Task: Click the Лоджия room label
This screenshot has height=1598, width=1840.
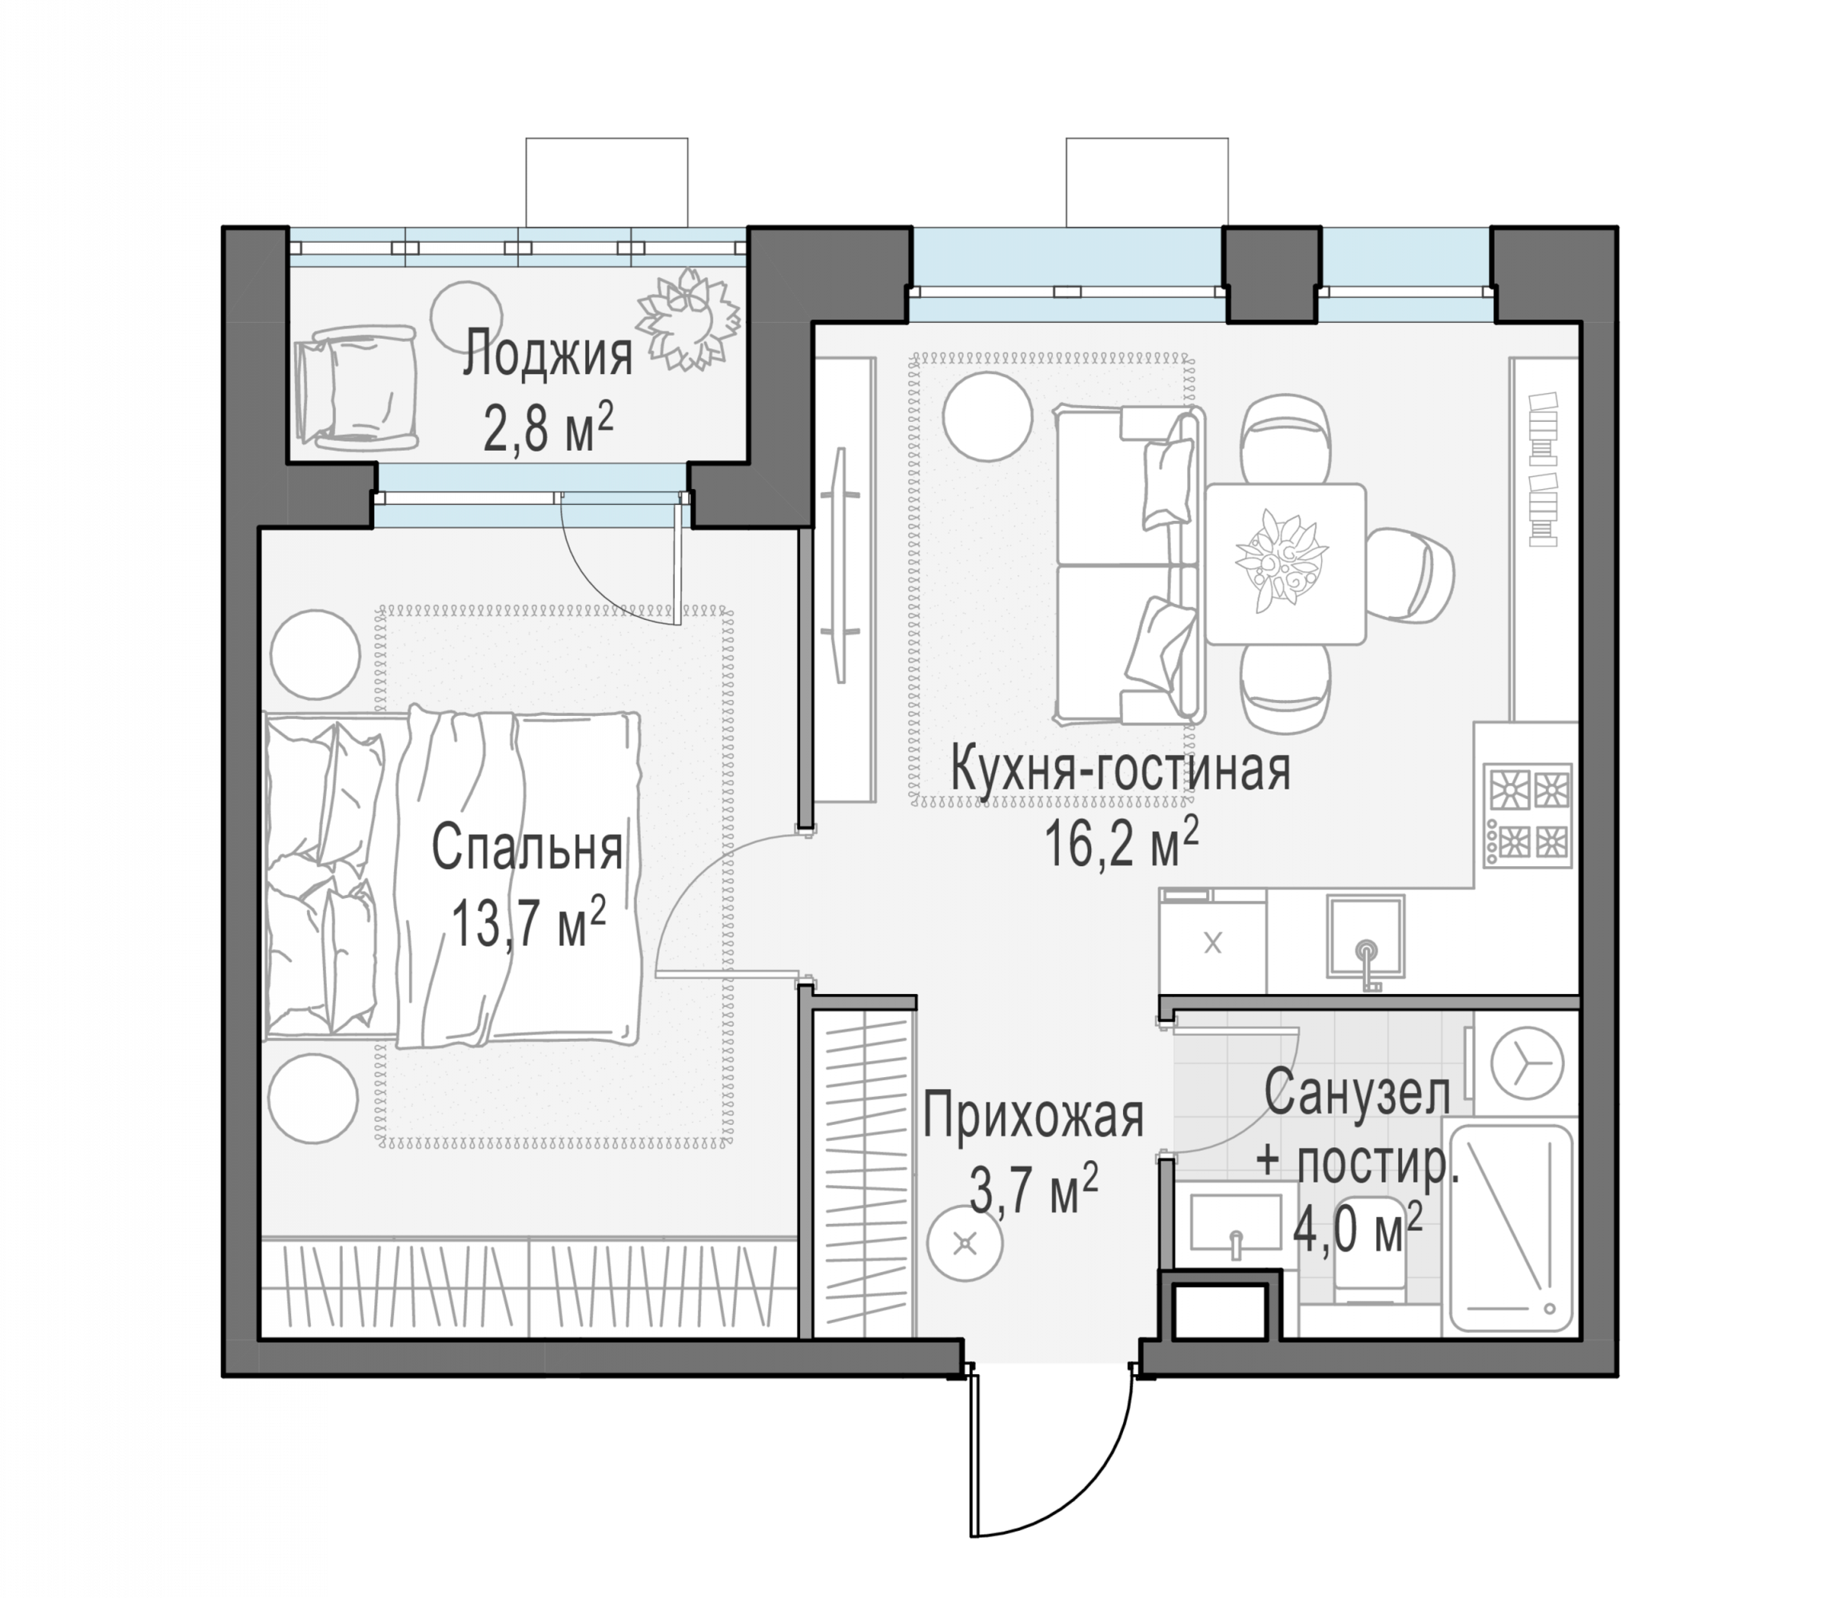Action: pyautogui.click(x=548, y=354)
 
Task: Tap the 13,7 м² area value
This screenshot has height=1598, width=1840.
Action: pyautogui.click(x=529, y=923)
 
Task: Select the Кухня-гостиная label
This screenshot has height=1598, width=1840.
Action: pyautogui.click(x=1121, y=769)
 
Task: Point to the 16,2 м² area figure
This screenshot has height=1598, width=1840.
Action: pyautogui.click(x=1121, y=843)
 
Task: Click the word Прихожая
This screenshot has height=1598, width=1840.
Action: pyautogui.click(x=1033, y=1116)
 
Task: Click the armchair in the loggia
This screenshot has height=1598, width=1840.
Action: pyautogui.click(x=356, y=386)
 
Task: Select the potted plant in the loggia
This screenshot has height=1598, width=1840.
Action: pyautogui.click(x=687, y=318)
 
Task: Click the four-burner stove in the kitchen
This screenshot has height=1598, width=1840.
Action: pyautogui.click(x=1527, y=815)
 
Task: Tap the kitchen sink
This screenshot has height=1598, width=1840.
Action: pyautogui.click(x=1364, y=937)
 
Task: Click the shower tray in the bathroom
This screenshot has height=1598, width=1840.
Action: pyautogui.click(x=1510, y=1229)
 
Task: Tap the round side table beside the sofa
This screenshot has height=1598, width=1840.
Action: pyautogui.click(x=987, y=416)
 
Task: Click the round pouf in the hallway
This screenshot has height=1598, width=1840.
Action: pyautogui.click(x=965, y=1242)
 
